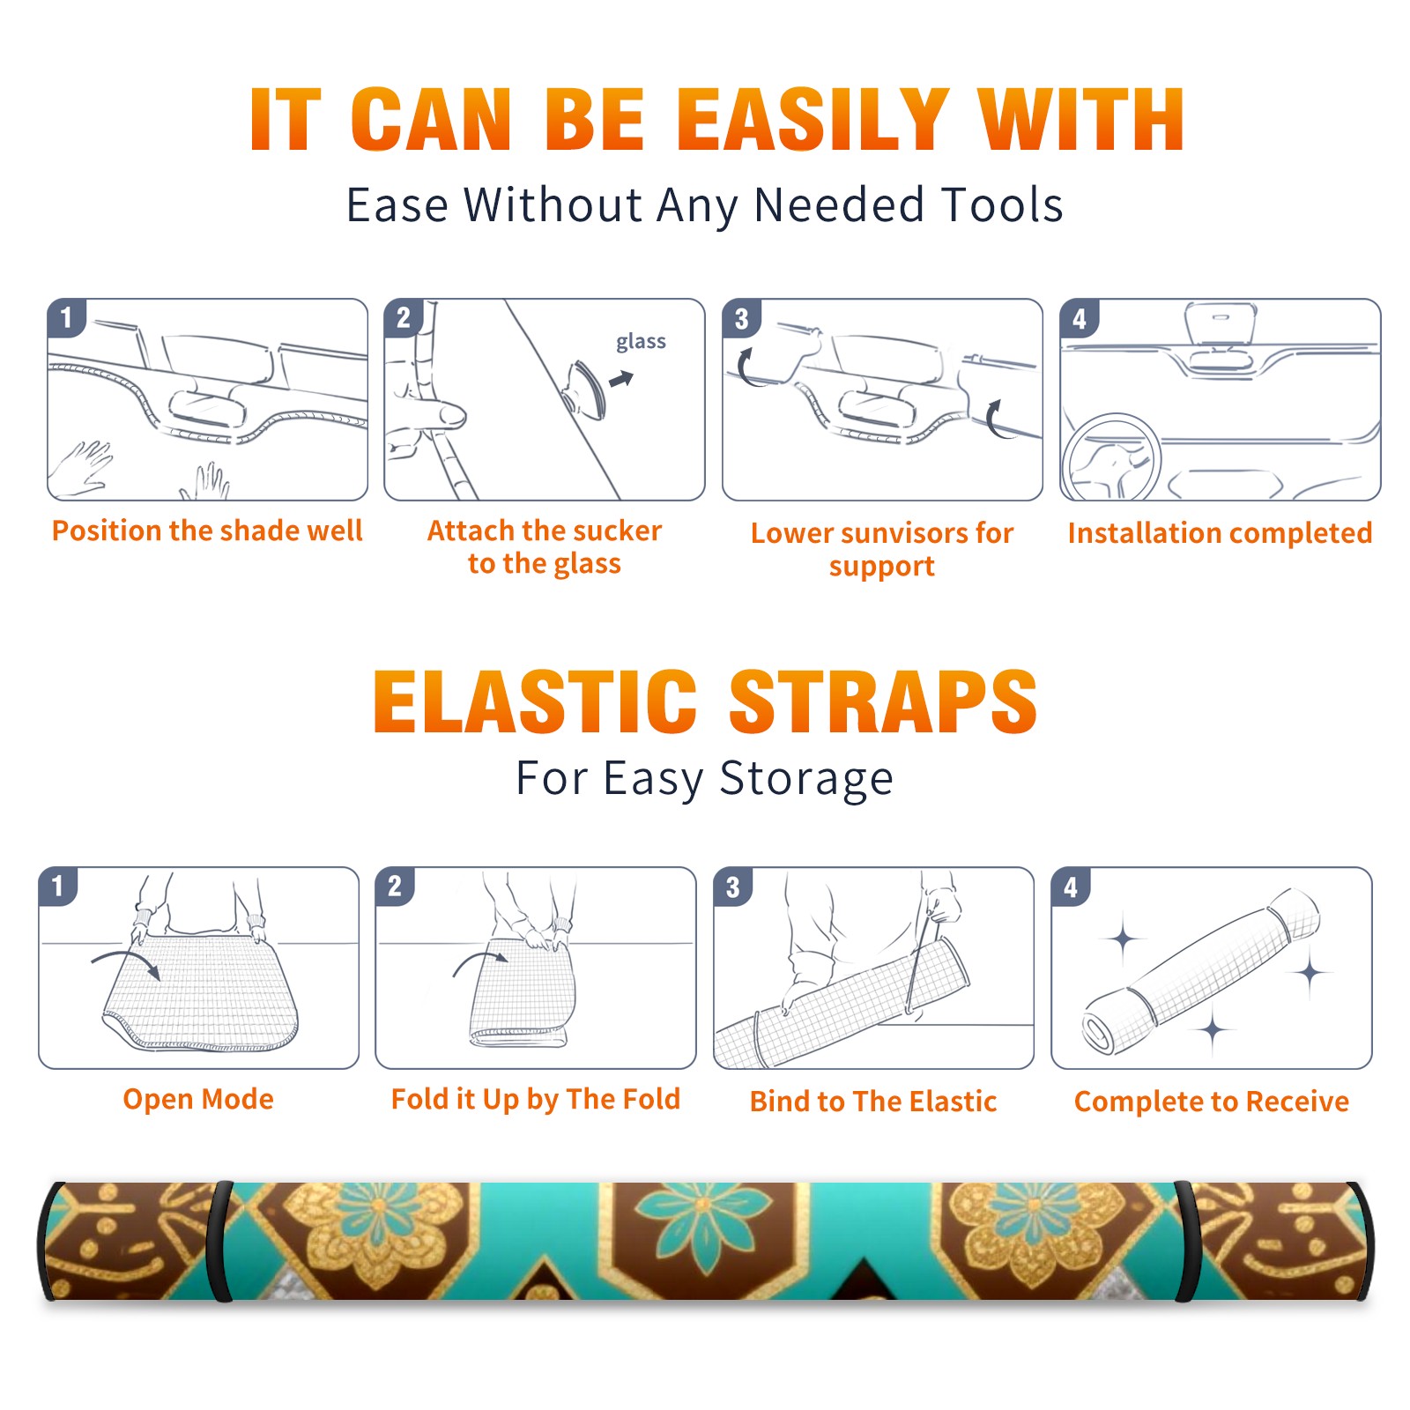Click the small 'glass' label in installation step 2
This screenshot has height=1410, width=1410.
tap(641, 342)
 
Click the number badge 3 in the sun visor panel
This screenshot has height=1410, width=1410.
tap(742, 318)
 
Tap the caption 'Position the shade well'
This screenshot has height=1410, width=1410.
tap(207, 531)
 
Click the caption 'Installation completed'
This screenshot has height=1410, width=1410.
tap(1220, 533)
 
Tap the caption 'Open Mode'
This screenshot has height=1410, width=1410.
tap(198, 1099)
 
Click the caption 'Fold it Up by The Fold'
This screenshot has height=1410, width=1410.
tap(536, 1100)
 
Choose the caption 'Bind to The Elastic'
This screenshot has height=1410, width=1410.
tap(873, 1102)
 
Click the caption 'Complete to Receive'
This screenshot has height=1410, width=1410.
tap(1212, 1102)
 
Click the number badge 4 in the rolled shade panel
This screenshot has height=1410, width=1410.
tap(1071, 887)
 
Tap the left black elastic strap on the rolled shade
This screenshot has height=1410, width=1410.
tap(219, 1242)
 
